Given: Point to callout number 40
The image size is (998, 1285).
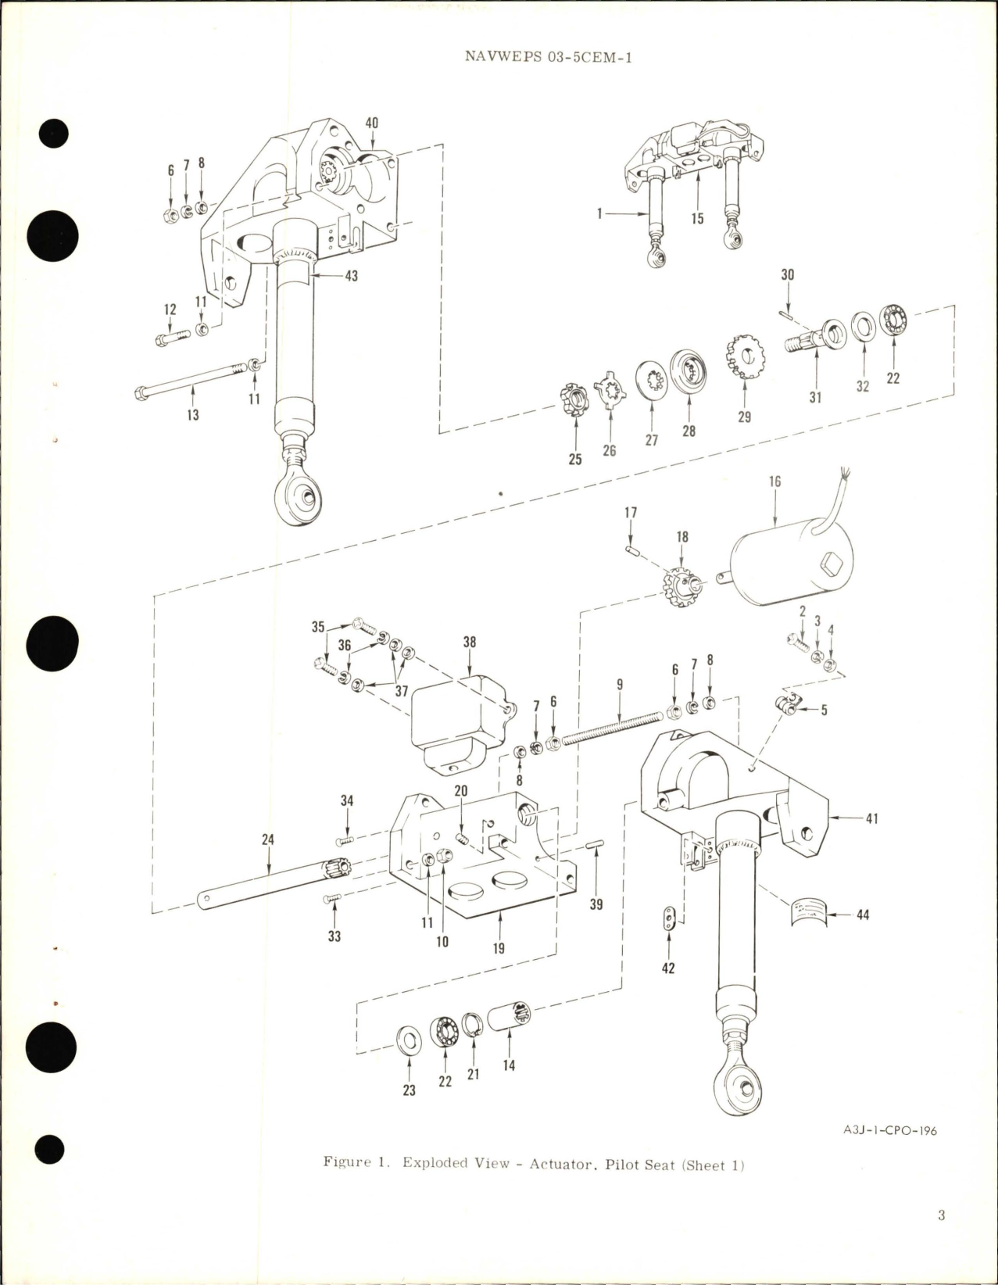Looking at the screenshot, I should click(x=372, y=123).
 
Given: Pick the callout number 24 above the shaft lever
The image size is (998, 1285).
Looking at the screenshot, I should click(x=268, y=840).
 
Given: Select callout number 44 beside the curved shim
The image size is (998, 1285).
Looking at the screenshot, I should click(x=863, y=914).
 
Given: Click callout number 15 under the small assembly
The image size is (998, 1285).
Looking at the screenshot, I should click(x=697, y=218).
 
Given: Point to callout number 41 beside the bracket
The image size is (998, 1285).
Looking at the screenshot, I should click(x=872, y=819).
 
